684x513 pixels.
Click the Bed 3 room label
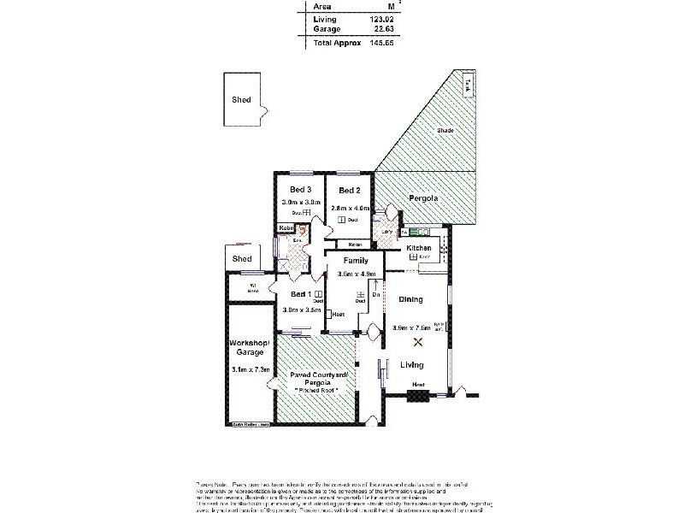pos(299,189)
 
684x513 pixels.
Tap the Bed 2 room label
pos(350,190)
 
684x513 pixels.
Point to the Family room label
pos(356,260)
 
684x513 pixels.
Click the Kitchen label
pos(419,247)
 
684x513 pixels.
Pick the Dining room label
pos(411,299)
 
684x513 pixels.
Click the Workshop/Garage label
pos(250,346)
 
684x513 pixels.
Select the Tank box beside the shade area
pos(467,85)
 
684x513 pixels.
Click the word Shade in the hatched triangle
pos(445,130)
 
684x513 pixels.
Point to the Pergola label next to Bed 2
pos(424,198)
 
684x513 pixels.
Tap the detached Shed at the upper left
pos(242,99)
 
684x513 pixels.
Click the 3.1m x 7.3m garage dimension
pos(250,369)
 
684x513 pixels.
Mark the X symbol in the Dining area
pos(418,342)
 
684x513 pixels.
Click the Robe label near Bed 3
pos(286,227)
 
